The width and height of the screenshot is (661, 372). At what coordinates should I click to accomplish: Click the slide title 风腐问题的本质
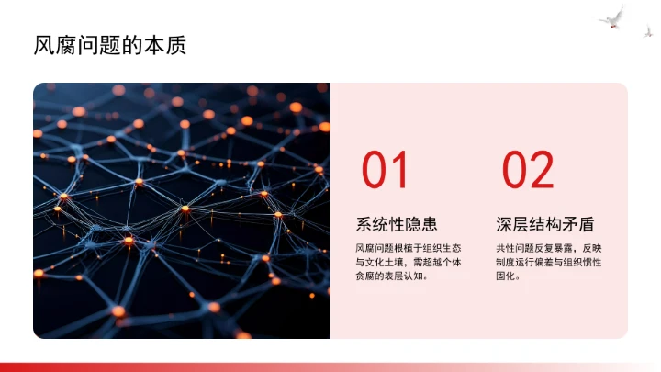[x=109, y=45]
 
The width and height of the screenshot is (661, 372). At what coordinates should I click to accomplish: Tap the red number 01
[x=385, y=171]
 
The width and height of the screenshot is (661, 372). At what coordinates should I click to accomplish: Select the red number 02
[x=528, y=171]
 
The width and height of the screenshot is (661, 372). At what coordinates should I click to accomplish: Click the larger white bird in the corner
[x=611, y=17]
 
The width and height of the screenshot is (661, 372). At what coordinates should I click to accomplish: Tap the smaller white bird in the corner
[x=647, y=31]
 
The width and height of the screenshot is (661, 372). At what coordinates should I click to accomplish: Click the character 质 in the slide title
[x=175, y=45]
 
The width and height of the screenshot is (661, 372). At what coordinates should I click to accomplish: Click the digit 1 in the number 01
[x=398, y=171]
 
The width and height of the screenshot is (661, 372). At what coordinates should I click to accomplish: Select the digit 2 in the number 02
[x=542, y=171]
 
